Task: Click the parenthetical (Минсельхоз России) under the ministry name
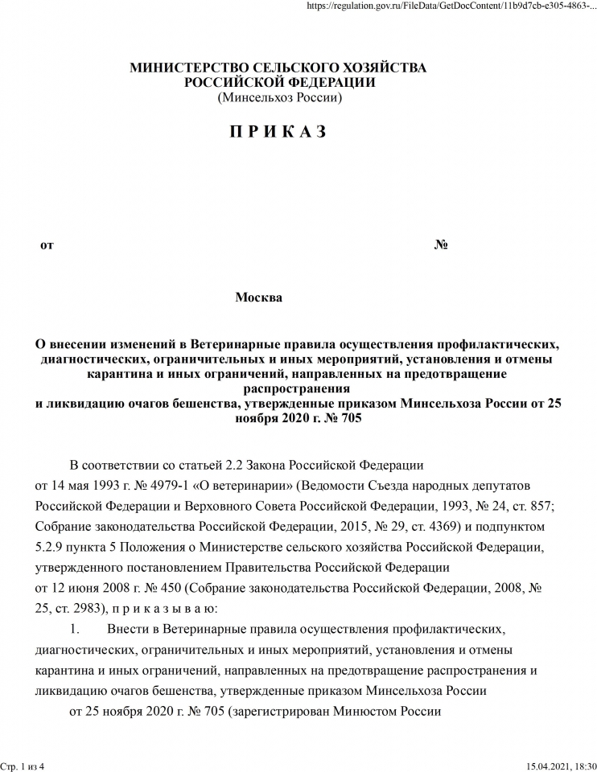tap(279, 97)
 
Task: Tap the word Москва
tap(258, 298)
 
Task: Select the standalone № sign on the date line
tap(441, 244)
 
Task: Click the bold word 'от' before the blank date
tap(47, 244)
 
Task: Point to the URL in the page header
tap(451, 6)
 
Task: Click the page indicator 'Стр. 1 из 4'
tap(23, 766)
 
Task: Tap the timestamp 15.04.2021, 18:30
tap(562, 766)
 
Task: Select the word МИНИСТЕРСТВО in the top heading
tap(188, 68)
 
